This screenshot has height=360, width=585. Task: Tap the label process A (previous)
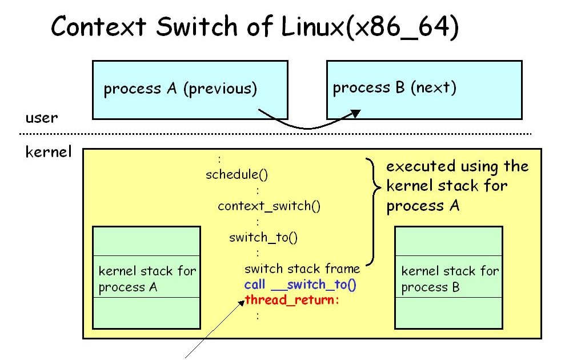(x=181, y=89)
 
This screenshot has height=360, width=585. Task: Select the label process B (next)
(x=395, y=87)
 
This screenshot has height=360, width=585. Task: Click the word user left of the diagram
(x=42, y=118)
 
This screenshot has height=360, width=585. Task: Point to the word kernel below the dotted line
(x=49, y=153)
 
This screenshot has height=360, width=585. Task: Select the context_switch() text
(x=269, y=206)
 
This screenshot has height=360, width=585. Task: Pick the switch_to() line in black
(x=263, y=238)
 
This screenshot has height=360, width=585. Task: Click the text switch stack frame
(x=302, y=269)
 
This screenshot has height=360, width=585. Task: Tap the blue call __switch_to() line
(x=300, y=285)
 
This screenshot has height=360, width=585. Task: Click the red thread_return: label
(x=292, y=300)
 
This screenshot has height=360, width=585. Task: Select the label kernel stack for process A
(x=147, y=279)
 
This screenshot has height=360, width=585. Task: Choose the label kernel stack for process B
(x=450, y=279)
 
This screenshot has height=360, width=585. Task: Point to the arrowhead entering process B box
(x=355, y=114)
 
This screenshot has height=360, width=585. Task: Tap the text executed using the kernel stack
(x=457, y=185)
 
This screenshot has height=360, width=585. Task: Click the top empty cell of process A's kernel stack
(x=147, y=241)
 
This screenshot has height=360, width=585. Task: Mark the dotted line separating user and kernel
(x=274, y=134)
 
